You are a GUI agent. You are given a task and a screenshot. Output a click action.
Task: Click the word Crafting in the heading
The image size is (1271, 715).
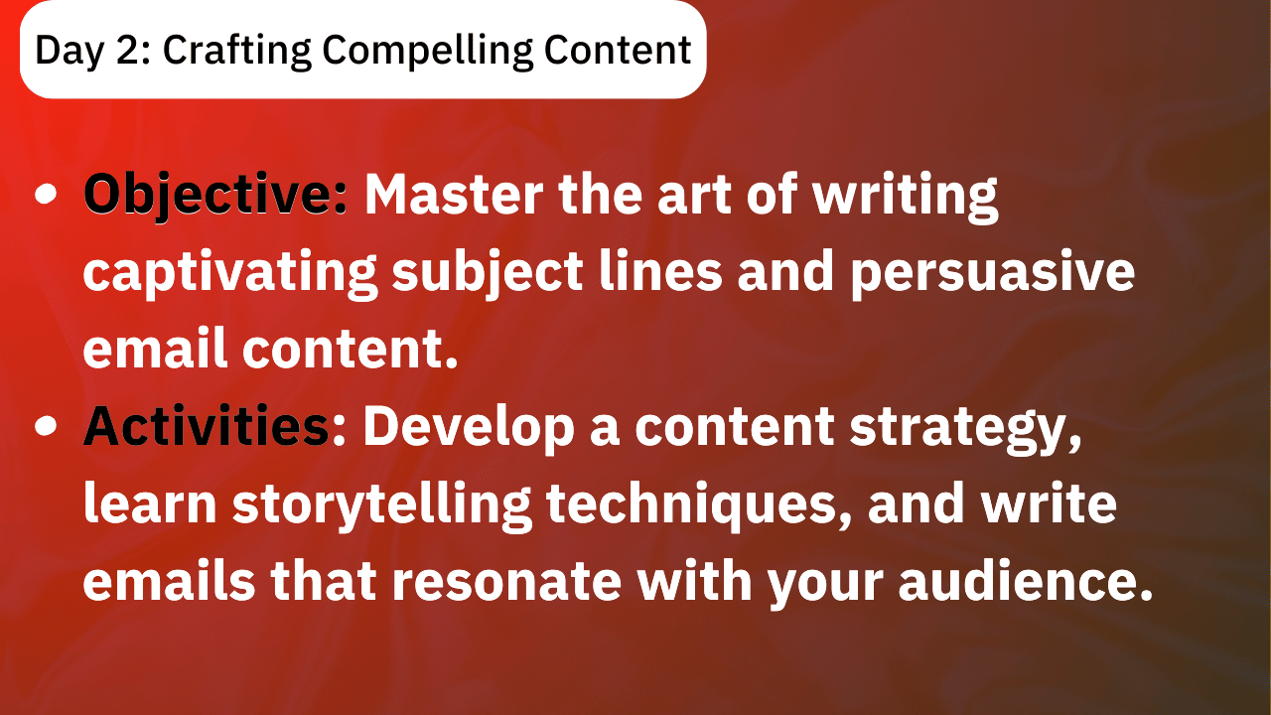236,51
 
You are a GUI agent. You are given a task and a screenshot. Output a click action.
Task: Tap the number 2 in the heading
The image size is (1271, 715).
129,50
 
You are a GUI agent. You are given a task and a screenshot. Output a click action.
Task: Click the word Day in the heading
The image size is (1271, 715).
70,52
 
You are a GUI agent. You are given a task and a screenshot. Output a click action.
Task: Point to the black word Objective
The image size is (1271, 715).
214,196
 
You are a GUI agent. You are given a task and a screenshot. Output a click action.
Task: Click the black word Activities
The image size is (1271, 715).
206,426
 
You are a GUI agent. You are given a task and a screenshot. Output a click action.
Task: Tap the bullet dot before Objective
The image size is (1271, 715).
46,194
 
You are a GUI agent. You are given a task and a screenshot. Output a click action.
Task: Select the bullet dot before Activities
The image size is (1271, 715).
46,426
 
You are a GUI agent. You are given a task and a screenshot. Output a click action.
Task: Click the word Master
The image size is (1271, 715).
454,195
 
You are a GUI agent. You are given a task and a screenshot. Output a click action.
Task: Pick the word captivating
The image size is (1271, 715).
230,274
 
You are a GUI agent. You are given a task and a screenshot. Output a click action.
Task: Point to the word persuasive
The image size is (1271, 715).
993,274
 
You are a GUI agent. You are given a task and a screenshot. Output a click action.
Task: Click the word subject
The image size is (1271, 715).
488,272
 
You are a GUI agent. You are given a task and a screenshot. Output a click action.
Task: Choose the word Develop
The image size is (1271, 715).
469,428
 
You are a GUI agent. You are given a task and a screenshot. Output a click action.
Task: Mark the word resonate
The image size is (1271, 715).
506,582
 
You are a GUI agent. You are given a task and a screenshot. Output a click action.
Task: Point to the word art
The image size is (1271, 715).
694,196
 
